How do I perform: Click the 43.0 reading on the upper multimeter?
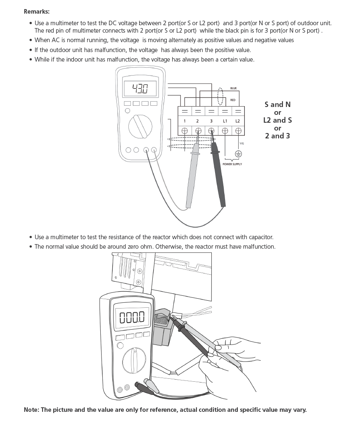tap(140, 88)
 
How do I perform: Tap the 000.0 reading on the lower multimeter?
tap(132, 317)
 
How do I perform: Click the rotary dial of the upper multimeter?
tap(140, 126)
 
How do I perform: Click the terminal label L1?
tap(225, 121)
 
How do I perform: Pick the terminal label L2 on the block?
tap(237, 121)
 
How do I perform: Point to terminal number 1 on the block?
tap(185, 121)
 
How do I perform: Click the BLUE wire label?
tap(233, 88)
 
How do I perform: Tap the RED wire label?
tap(233, 100)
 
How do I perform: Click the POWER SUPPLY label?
tap(232, 164)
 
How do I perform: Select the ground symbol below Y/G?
tap(238, 154)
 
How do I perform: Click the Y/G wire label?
tap(242, 143)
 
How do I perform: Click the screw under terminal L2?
tap(238, 131)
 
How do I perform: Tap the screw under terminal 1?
tap(185, 131)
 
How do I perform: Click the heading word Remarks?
tap(37, 12)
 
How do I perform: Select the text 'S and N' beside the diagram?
tap(277, 105)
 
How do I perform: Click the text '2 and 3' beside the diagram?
tap(277, 135)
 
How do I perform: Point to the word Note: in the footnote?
tap(31, 410)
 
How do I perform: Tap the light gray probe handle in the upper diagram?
tap(192, 176)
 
